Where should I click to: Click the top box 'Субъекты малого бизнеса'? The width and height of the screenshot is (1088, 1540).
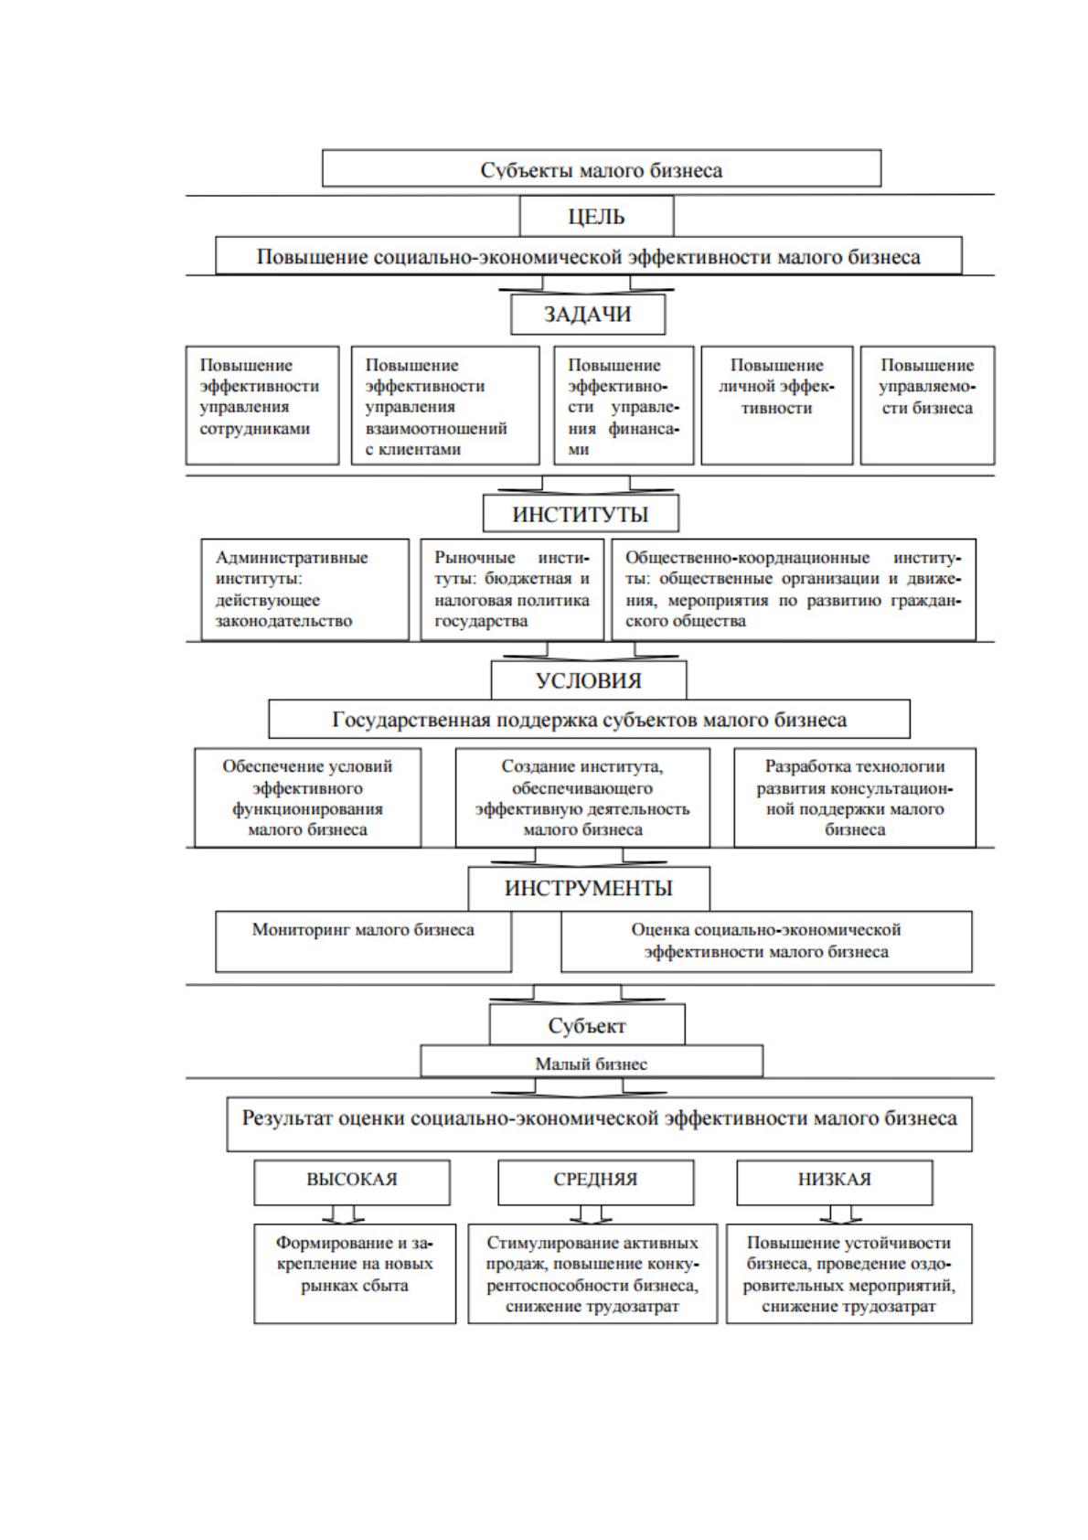(x=602, y=168)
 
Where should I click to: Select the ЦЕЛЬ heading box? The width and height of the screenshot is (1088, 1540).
(x=597, y=216)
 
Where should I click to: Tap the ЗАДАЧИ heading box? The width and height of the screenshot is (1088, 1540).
(x=588, y=315)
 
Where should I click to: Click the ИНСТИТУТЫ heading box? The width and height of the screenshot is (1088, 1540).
(x=581, y=514)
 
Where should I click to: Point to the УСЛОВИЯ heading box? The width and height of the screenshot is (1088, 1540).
(x=588, y=680)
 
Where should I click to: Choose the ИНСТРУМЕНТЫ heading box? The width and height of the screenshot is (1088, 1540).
(x=589, y=888)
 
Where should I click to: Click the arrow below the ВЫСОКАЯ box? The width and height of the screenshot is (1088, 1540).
(x=343, y=1214)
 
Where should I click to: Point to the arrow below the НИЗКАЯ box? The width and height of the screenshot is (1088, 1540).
(x=840, y=1214)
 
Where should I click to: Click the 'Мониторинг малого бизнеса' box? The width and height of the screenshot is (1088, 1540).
(x=364, y=941)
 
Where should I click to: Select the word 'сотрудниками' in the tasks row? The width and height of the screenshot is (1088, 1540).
(x=255, y=428)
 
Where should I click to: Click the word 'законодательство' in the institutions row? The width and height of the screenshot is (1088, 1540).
(x=283, y=621)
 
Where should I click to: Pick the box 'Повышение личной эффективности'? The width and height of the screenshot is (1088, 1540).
(x=776, y=405)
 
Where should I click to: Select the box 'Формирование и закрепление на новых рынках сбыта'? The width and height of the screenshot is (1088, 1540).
(x=355, y=1273)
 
